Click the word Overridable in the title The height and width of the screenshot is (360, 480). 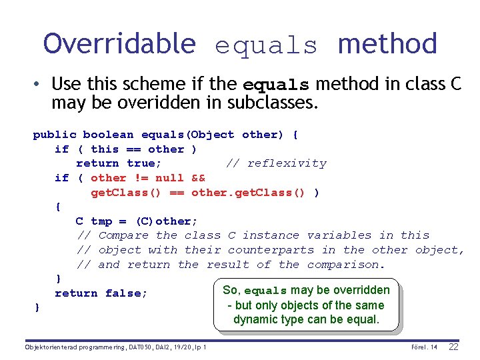(x=119, y=44)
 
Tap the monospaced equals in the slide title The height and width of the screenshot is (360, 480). (x=267, y=46)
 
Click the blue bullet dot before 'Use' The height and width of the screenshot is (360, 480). (x=39, y=84)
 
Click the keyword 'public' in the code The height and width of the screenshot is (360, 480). (x=55, y=135)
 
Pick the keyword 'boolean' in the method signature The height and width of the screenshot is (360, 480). (x=108, y=135)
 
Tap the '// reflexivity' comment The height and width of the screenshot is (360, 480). (x=276, y=163)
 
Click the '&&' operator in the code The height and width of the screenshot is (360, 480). (x=198, y=178)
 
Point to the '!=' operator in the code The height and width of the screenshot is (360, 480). (x=140, y=178)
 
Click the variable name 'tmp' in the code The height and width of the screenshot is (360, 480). (x=101, y=221)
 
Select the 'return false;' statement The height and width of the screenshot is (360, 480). (x=101, y=293)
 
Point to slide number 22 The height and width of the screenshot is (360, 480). (x=454, y=347)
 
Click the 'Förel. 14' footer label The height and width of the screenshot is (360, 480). (x=425, y=347)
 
